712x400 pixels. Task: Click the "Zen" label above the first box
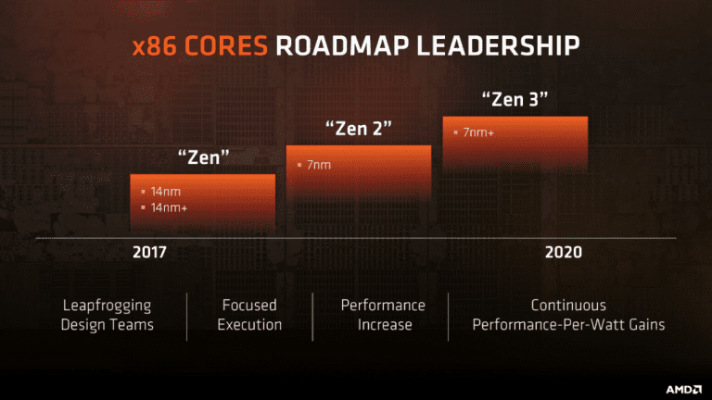coord(203,157)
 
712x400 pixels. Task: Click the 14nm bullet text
coord(165,192)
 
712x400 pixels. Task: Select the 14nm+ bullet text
coord(169,207)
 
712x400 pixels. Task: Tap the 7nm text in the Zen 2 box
coord(318,165)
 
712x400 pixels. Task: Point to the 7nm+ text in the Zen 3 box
coord(478,132)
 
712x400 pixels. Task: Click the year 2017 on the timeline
coord(150,253)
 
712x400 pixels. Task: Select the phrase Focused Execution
coord(249,315)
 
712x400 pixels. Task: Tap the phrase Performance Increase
coord(383,315)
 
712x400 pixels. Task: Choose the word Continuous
coord(568,306)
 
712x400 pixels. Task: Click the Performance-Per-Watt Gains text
coord(568,325)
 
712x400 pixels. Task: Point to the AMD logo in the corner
coord(682,381)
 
